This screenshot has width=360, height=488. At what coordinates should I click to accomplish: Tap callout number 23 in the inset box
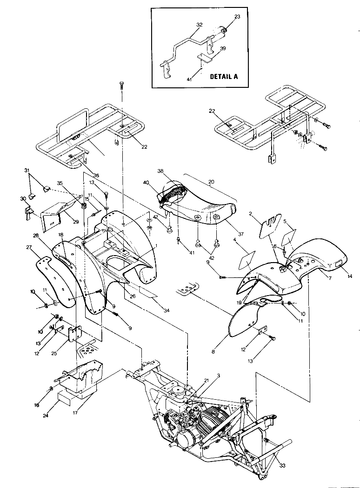click(237, 16)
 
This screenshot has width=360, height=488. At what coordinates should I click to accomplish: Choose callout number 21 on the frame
click(200, 381)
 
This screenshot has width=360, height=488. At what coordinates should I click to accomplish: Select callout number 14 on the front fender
click(349, 276)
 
